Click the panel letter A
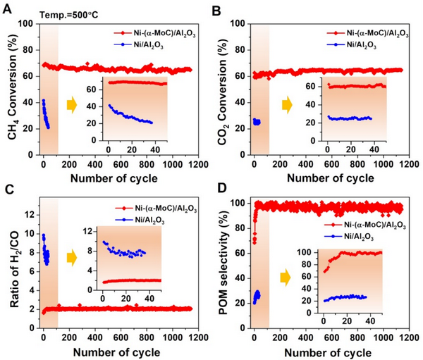(7, 8)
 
